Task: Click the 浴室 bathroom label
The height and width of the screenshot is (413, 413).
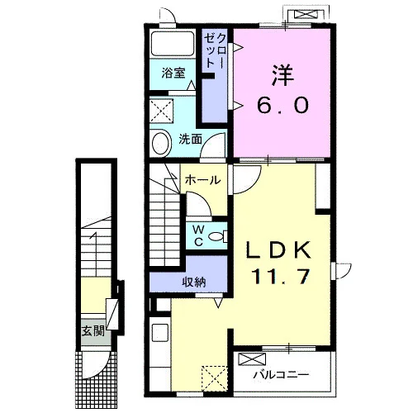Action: tap(173, 73)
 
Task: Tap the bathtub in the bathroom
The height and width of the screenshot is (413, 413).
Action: tap(173, 44)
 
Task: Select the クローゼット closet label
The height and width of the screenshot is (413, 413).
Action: tap(216, 51)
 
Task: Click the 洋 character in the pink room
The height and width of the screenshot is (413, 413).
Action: tap(282, 75)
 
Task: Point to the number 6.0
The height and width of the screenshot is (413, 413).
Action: tap(282, 105)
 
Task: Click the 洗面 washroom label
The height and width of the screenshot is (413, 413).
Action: tap(190, 139)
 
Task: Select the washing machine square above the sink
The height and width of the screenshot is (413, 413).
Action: tap(162, 112)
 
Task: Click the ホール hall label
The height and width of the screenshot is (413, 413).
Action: tap(203, 180)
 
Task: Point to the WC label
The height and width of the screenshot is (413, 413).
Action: tap(198, 235)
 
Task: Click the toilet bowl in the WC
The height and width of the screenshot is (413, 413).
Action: tap(217, 236)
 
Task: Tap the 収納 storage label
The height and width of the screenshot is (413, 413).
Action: tap(194, 282)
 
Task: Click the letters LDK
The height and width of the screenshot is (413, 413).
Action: tap(278, 249)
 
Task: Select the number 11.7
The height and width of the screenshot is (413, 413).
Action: tap(281, 276)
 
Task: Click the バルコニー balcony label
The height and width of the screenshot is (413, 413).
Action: tap(281, 375)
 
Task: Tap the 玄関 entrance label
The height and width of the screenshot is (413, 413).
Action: tap(93, 330)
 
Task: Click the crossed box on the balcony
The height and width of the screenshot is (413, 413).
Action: tap(252, 359)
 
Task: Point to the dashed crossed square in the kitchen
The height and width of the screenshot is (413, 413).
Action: tap(215, 378)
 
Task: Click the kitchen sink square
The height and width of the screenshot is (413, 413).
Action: tap(160, 333)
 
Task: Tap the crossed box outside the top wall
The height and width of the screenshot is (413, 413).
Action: tap(306, 14)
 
